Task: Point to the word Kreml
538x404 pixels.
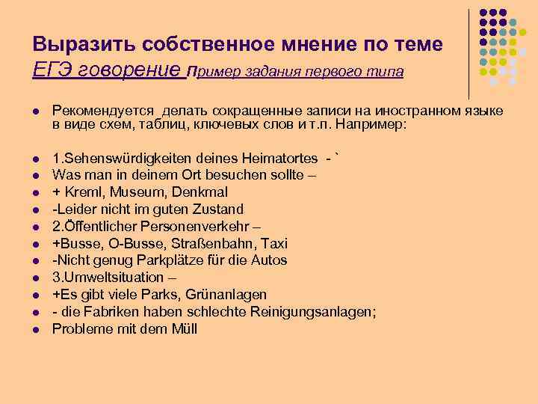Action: (83, 192)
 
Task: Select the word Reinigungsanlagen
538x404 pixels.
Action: (306, 312)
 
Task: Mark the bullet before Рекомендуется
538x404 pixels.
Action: (35, 111)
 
